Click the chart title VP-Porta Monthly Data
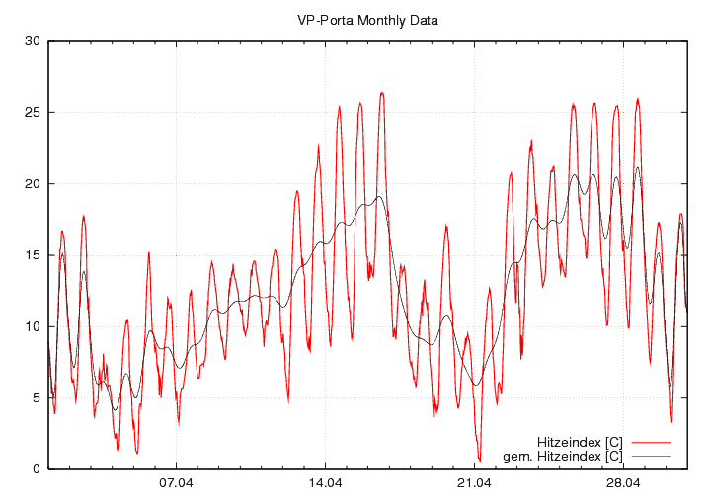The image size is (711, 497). point(367,20)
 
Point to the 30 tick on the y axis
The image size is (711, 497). point(32,41)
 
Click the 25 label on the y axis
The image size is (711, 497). point(32,112)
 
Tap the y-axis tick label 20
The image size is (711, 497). point(32,184)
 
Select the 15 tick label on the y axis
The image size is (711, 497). point(32,255)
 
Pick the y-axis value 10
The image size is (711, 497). point(32,326)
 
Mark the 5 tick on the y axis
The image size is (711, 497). point(35,397)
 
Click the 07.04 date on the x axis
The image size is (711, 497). point(176,483)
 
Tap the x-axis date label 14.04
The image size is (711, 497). point(325,483)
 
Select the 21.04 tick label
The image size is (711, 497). point(474,483)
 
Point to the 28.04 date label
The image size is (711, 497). point(623,483)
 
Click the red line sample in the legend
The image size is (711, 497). point(650,442)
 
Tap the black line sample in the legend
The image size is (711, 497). point(650,457)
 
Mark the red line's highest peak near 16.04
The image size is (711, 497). point(382,93)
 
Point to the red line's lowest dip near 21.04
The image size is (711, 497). point(480,460)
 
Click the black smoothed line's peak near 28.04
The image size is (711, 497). point(638,167)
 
